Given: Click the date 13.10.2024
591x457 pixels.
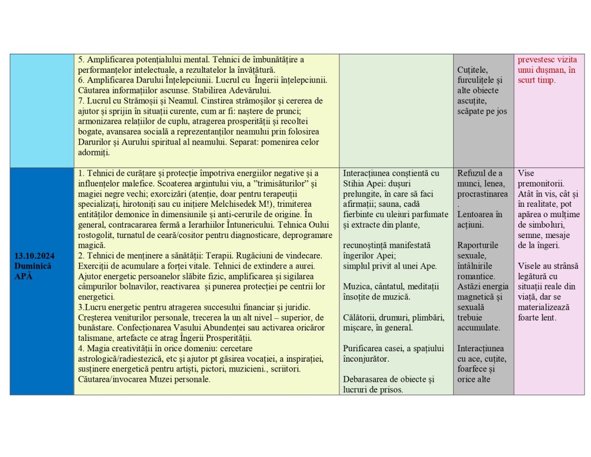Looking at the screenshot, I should pyautogui.click(x=35, y=255).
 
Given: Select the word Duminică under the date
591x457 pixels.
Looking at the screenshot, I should pyautogui.click(x=33, y=265).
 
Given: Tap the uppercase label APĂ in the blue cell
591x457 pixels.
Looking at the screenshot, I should pyautogui.click(x=24, y=276).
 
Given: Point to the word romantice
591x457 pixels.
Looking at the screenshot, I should pyautogui.click(x=476, y=276).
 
